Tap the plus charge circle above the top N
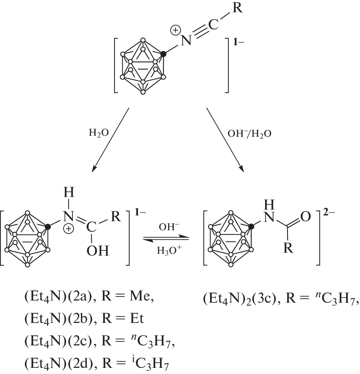pyautogui.click(x=175, y=31)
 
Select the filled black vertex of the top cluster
pyautogui.click(x=163, y=54)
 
